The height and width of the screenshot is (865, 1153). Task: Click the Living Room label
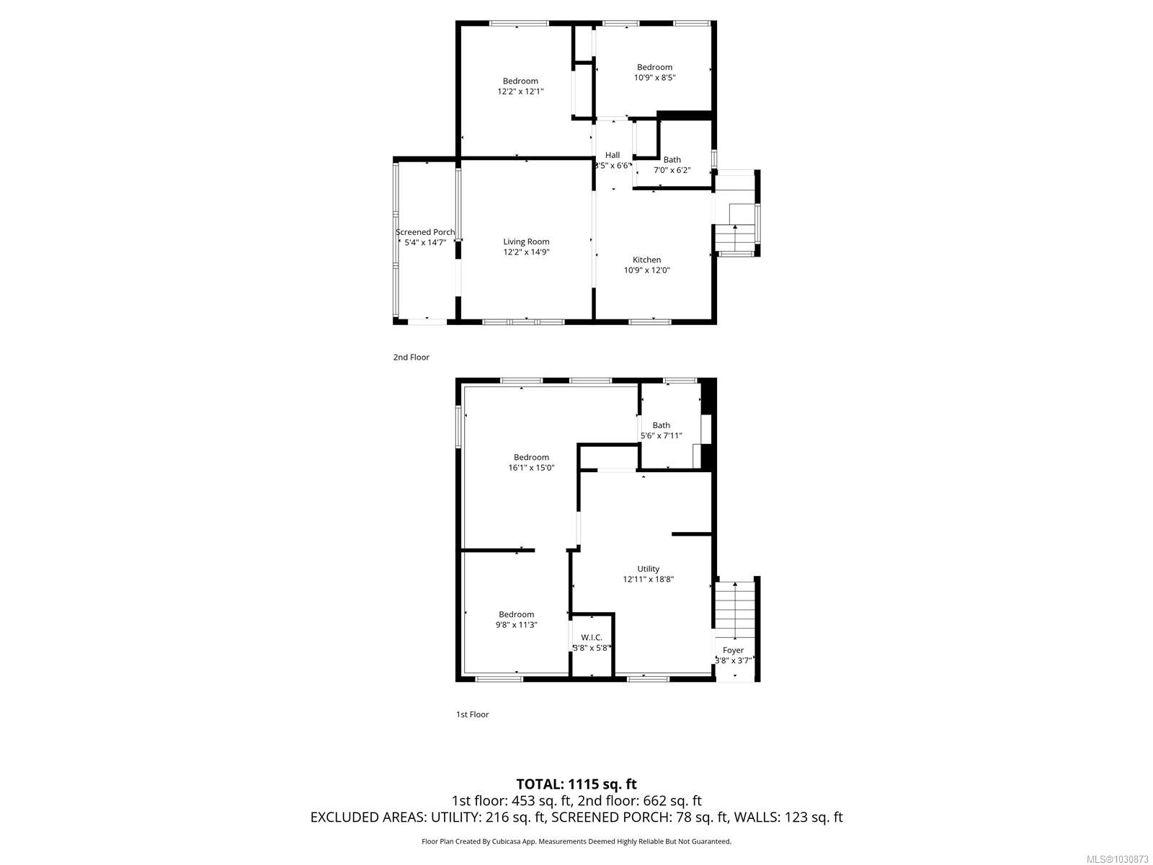(x=526, y=242)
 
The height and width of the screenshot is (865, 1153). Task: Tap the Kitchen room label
(x=646, y=260)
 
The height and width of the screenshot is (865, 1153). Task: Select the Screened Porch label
(x=425, y=232)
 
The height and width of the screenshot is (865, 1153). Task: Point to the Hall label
(x=613, y=155)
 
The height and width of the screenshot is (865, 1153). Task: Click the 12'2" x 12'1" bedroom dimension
(x=520, y=92)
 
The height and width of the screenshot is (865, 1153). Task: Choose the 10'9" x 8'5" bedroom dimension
(x=654, y=78)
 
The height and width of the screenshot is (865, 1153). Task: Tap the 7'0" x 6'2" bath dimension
(x=672, y=171)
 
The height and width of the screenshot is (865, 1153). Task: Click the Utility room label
(x=648, y=569)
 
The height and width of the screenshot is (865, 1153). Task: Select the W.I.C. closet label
(x=592, y=637)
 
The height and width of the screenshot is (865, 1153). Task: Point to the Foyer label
(x=733, y=650)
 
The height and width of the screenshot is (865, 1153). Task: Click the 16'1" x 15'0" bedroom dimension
(x=531, y=468)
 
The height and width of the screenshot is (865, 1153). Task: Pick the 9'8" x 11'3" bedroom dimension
(x=516, y=625)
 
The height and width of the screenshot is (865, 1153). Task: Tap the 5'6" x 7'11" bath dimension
(x=661, y=436)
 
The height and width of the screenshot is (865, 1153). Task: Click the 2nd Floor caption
(x=411, y=358)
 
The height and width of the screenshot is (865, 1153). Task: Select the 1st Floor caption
(x=472, y=714)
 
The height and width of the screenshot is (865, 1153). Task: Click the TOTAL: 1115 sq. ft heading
(x=576, y=784)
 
